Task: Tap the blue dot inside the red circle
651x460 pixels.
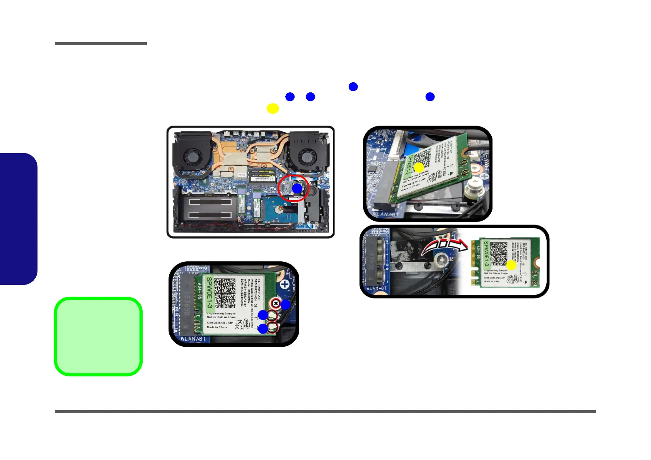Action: [x=297, y=188]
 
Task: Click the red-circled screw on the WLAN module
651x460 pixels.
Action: [x=276, y=303]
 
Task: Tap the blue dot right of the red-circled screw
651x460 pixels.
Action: [x=285, y=305]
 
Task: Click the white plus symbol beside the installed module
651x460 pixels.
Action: [x=285, y=285]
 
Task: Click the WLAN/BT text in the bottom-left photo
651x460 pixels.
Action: [x=193, y=339]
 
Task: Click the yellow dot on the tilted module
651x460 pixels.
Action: [x=419, y=168]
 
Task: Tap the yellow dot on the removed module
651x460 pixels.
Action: [x=511, y=265]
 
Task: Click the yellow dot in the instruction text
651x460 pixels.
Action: [x=273, y=109]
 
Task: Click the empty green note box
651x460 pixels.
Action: [x=98, y=336]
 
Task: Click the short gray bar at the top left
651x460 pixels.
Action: [x=101, y=44]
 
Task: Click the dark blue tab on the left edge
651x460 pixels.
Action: [x=18, y=219]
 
